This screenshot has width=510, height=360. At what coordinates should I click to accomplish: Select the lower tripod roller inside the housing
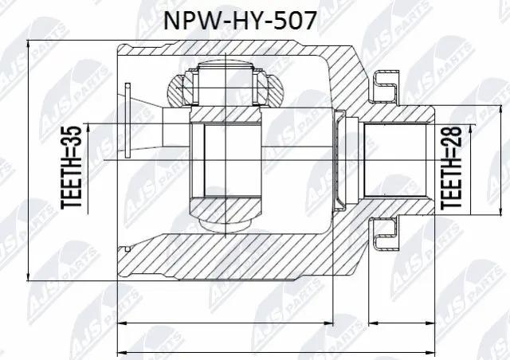230,215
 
